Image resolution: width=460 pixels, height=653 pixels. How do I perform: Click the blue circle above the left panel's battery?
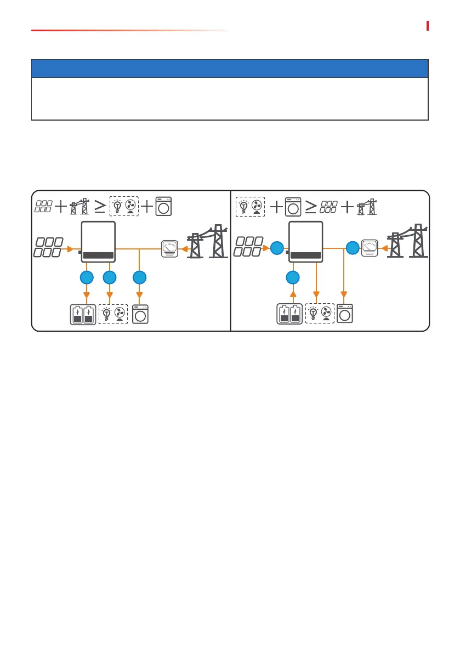tap(87, 278)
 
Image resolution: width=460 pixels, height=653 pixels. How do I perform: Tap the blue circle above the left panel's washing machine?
tap(140, 278)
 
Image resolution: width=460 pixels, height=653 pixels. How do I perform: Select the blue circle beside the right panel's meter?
tap(353, 248)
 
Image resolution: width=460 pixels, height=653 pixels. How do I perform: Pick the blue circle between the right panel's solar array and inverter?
tap(277, 248)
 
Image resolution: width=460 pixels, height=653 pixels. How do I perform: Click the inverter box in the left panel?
tap(98, 242)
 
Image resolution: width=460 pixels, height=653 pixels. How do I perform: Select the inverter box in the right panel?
tap(305, 242)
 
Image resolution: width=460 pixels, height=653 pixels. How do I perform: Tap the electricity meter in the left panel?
tap(168, 248)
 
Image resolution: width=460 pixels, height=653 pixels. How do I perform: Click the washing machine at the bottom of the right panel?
tap(345, 314)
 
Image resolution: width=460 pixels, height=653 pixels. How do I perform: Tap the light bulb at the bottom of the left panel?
tap(107, 315)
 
